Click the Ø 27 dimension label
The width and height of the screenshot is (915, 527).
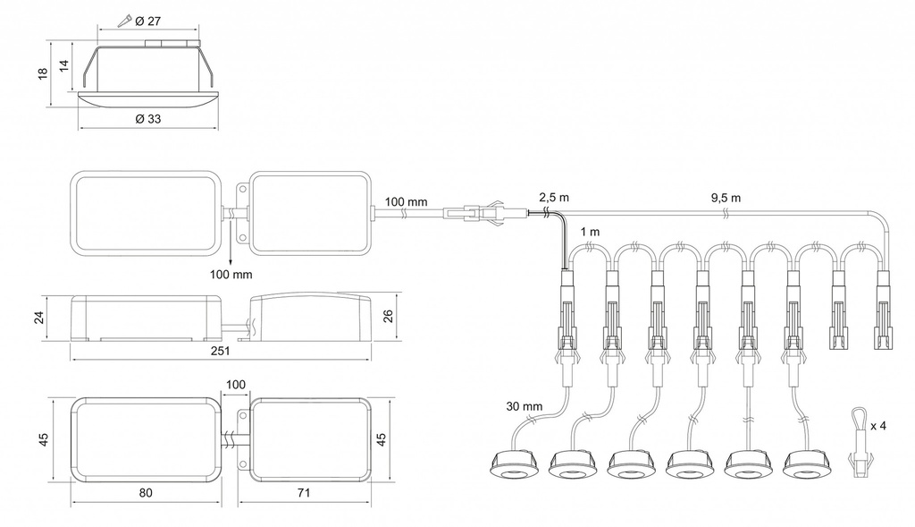[x=147, y=21]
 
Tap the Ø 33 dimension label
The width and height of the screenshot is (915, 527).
[x=147, y=119]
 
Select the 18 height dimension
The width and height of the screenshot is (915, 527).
[x=43, y=74]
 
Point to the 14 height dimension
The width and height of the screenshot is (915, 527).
[x=64, y=64]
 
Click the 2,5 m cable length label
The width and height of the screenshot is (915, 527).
[x=554, y=197]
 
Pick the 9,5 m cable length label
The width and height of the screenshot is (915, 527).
[x=726, y=198]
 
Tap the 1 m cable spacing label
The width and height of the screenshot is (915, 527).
[x=590, y=232]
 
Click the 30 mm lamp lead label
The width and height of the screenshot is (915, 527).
[x=524, y=406]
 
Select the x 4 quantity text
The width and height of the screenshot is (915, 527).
[x=878, y=426]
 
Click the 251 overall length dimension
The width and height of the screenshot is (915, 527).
[x=220, y=351]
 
